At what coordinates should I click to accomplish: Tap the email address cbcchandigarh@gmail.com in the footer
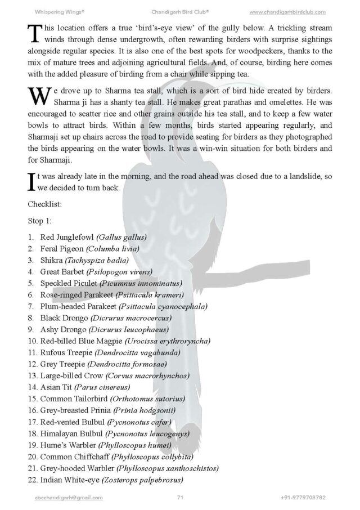click(x=68, y=498)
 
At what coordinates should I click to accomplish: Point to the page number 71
click(x=180, y=498)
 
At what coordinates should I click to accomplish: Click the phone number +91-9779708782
click(x=303, y=498)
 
